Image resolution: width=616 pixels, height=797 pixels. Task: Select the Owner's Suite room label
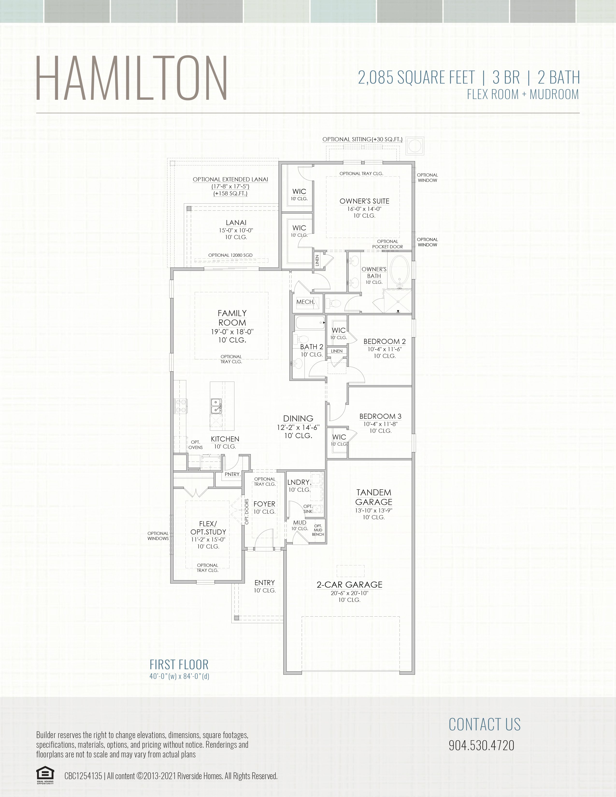click(x=364, y=201)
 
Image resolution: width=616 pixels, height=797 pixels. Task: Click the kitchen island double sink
click(x=216, y=406)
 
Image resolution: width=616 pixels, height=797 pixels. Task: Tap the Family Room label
click(x=232, y=318)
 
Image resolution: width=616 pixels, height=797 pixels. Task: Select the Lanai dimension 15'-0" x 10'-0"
click(x=236, y=230)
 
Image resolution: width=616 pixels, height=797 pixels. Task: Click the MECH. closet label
click(x=305, y=302)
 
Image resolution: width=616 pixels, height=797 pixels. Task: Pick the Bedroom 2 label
click(x=384, y=342)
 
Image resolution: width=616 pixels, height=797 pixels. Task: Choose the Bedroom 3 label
click(x=380, y=416)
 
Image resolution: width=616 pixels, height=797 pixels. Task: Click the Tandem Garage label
click(x=374, y=497)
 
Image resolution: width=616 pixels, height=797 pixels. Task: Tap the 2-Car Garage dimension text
click(x=349, y=593)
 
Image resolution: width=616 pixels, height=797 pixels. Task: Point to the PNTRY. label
click(x=232, y=474)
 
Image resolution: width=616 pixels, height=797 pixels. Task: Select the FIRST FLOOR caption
click(x=179, y=665)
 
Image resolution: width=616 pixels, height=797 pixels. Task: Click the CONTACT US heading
click(x=484, y=724)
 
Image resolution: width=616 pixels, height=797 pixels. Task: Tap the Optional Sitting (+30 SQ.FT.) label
click(x=362, y=139)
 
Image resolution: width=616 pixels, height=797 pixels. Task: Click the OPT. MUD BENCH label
click(x=318, y=530)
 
